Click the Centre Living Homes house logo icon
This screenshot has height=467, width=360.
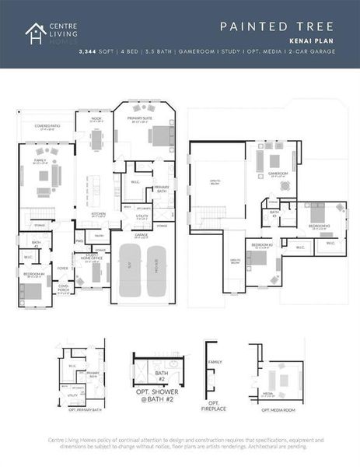[x=35, y=33]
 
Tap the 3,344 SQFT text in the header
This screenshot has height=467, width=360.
[x=96, y=53]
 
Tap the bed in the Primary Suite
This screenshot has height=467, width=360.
[x=160, y=136]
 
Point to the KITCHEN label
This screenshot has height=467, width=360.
[x=99, y=213]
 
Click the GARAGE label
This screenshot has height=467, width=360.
[x=142, y=233]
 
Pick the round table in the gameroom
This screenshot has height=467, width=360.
[x=284, y=185]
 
